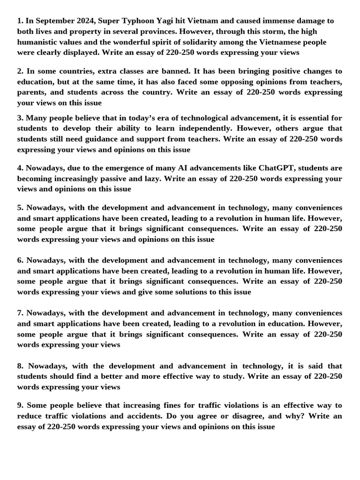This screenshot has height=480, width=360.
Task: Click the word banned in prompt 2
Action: tap(174, 71)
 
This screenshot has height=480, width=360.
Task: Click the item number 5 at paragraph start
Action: tap(20, 208)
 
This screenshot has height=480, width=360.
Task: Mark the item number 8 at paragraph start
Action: tap(21, 366)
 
